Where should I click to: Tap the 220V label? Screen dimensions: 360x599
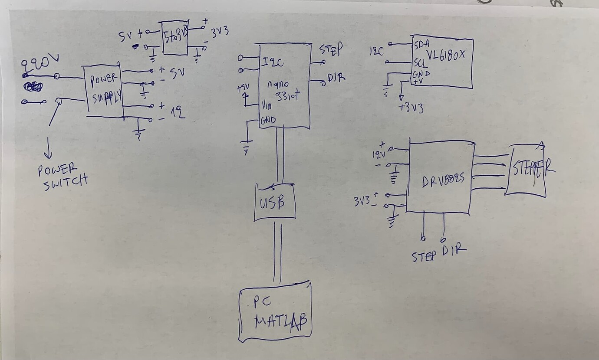(41, 64)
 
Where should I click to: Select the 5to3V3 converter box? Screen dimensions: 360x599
(175, 37)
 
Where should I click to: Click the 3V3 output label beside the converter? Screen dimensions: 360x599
(220, 33)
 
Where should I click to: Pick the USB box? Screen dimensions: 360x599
(275, 202)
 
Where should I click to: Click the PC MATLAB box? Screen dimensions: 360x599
(275, 311)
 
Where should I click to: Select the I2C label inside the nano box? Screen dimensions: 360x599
(273, 63)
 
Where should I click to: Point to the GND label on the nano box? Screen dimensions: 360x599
(268, 120)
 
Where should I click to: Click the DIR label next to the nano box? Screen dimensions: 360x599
(336, 78)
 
